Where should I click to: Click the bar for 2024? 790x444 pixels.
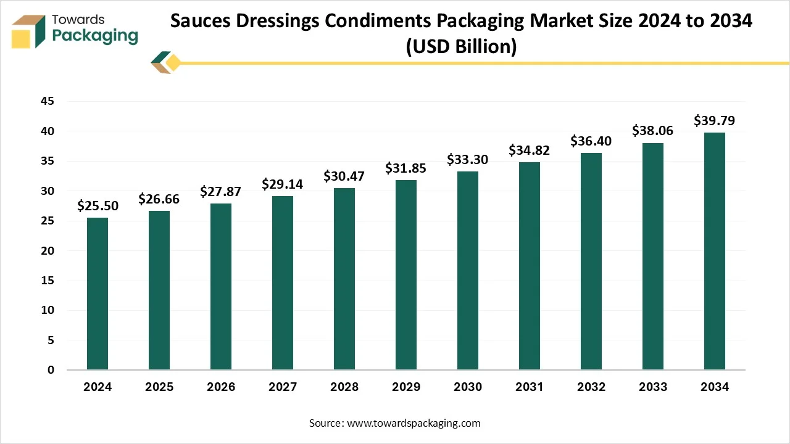(98, 294)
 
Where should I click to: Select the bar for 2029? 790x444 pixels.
(406, 274)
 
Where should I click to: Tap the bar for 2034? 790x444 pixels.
(715, 251)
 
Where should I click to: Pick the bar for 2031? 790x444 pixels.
(530, 266)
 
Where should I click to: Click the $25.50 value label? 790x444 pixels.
(98, 206)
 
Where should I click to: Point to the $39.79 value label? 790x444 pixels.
(715, 120)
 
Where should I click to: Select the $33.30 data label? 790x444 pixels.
(468, 160)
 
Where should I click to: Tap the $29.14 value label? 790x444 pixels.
(283, 184)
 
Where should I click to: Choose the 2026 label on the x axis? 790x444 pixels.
(221, 387)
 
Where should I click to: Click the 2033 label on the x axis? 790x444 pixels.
(653, 387)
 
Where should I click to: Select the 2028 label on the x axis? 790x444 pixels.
(344, 387)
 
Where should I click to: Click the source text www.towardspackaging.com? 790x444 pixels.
(414, 423)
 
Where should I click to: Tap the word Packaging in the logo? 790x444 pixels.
(96, 35)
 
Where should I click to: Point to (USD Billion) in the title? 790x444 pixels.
(461, 46)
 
